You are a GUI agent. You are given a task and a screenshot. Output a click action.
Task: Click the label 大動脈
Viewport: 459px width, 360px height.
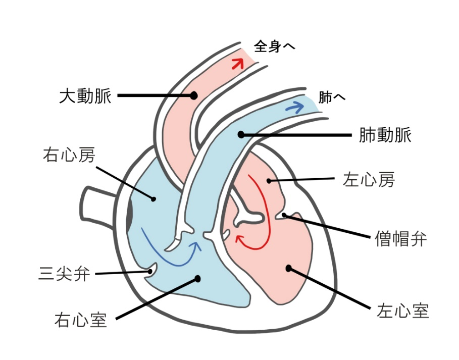click(x=85, y=96)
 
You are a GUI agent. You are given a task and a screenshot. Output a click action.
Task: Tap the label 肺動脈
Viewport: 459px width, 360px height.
click(x=385, y=135)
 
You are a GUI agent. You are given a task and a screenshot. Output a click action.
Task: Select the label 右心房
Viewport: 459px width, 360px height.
click(x=69, y=155)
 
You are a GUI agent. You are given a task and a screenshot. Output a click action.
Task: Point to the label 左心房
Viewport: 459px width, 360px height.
click(x=369, y=179)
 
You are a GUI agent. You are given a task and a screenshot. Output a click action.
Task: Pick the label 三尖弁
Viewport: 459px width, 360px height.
click(x=64, y=274)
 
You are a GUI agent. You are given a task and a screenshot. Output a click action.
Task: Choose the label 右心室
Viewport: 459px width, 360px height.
click(x=80, y=320)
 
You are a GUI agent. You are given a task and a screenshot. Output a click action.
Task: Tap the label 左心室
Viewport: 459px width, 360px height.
click(x=402, y=311)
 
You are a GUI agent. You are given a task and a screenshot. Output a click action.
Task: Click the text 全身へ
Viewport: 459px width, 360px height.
click(x=274, y=46)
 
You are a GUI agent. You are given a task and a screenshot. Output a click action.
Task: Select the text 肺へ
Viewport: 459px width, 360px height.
click(x=332, y=97)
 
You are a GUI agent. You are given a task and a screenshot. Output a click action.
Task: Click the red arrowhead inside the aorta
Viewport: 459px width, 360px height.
click(x=238, y=64)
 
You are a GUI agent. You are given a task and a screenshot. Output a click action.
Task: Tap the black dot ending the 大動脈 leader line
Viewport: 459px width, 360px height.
click(x=193, y=95)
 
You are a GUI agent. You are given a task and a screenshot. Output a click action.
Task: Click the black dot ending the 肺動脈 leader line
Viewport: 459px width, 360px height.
click(x=241, y=135)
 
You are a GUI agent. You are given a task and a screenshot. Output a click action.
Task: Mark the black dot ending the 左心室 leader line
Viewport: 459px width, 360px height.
click(x=289, y=268)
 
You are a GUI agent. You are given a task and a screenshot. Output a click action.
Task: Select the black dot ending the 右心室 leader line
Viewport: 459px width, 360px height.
click(x=198, y=279)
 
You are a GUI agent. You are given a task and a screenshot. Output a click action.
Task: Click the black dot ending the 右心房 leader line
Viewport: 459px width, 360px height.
click(x=154, y=199)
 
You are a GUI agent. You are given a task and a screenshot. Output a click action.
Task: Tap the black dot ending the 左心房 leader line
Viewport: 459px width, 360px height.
click(x=269, y=181)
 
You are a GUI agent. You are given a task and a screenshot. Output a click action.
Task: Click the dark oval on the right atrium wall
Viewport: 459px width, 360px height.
click(x=129, y=216)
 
